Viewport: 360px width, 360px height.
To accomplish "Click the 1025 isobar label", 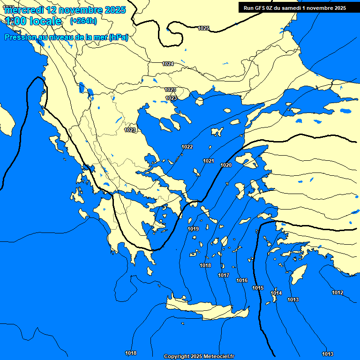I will (x=203, y=28).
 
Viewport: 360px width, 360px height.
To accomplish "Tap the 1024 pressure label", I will (x=168, y=64).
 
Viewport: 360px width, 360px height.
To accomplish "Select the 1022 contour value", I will (x=187, y=147).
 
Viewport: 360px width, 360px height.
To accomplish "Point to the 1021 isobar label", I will (x=209, y=161).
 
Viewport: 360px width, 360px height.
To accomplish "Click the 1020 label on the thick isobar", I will (x=226, y=165).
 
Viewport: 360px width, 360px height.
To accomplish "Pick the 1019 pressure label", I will (x=193, y=229).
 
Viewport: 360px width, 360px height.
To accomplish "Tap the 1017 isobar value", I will (x=224, y=275).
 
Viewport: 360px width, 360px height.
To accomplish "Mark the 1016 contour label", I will (x=242, y=280).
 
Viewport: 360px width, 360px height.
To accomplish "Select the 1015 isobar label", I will (x=258, y=288).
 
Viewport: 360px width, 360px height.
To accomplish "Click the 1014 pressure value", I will (x=276, y=293).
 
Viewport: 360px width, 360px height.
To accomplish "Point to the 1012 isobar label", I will (x=337, y=292).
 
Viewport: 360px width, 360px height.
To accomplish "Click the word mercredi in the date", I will (x=24, y=10).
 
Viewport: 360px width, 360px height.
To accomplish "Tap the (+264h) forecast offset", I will (x=83, y=21).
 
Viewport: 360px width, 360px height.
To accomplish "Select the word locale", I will (x=45, y=21).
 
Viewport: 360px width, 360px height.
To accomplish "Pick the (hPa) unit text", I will (x=119, y=37).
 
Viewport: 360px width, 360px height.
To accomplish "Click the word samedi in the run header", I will (x=293, y=7).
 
